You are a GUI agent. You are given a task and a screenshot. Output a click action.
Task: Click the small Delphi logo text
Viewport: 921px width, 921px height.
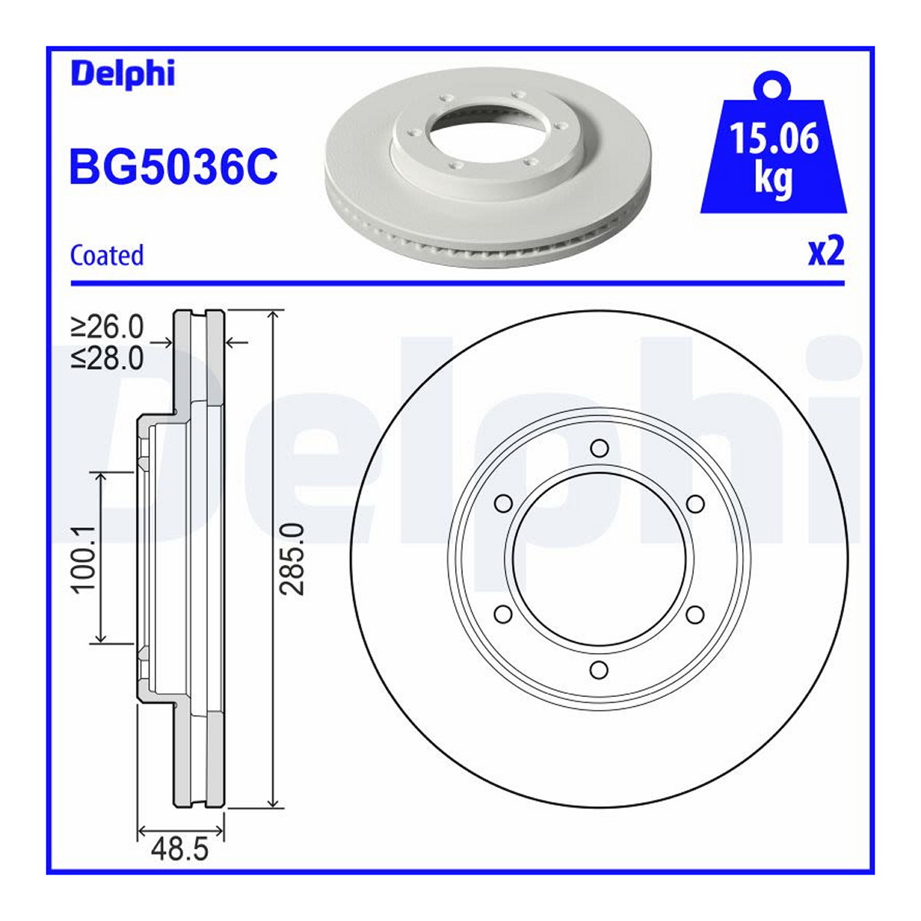click(x=123, y=74)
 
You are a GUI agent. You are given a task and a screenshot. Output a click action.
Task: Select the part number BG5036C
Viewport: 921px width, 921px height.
click(x=173, y=166)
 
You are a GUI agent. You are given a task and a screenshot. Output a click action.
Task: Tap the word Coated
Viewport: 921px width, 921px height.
click(x=107, y=256)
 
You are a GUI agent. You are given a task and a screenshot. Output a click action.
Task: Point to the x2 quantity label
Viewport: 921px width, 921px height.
click(x=827, y=252)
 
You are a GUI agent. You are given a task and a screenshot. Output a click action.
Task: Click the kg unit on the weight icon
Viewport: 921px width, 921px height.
click(x=774, y=180)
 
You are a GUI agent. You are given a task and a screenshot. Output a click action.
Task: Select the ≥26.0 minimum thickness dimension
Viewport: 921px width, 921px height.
click(x=107, y=327)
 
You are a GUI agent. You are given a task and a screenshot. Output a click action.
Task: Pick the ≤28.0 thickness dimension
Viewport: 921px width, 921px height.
click(x=107, y=358)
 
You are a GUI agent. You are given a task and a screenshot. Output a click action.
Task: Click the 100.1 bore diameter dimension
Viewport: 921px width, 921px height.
click(x=84, y=560)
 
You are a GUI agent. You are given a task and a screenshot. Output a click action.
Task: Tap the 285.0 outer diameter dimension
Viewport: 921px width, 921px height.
click(x=292, y=560)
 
